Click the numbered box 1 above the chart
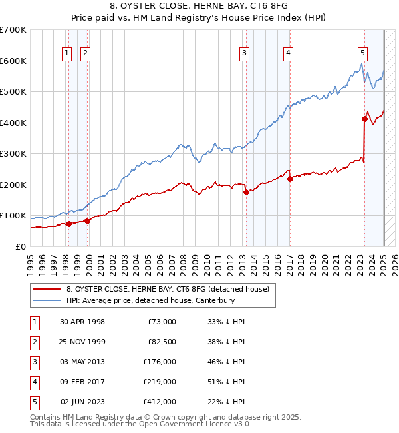click(68, 55)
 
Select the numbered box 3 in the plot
click(245, 55)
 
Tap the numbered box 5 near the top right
click(362, 55)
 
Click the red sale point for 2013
click(246, 192)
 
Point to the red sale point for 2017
click(290, 179)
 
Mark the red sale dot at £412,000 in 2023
click(364, 119)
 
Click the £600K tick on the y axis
click(13, 61)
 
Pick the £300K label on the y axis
click(13, 154)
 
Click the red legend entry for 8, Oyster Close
click(167, 289)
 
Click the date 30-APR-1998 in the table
click(82, 322)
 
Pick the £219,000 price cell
click(160, 382)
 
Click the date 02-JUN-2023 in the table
click(82, 402)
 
